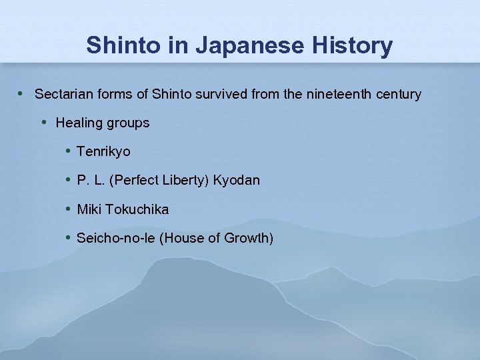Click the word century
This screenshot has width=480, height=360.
399,94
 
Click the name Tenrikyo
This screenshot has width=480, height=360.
103,152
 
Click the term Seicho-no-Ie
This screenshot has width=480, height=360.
116,238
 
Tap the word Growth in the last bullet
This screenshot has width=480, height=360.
248,238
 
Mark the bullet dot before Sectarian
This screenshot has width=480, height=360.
23,93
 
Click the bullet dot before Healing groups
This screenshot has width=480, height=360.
44,122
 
